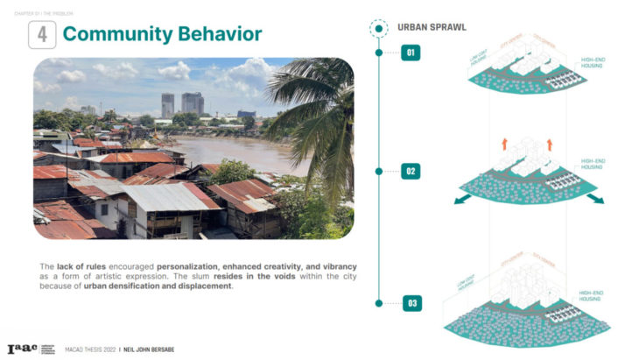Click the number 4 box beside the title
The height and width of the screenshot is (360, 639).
click(42, 34)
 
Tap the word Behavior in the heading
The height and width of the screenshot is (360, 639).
click(219, 34)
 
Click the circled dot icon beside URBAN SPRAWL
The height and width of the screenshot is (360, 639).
click(378, 28)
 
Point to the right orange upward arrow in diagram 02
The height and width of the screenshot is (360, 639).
click(550, 144)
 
